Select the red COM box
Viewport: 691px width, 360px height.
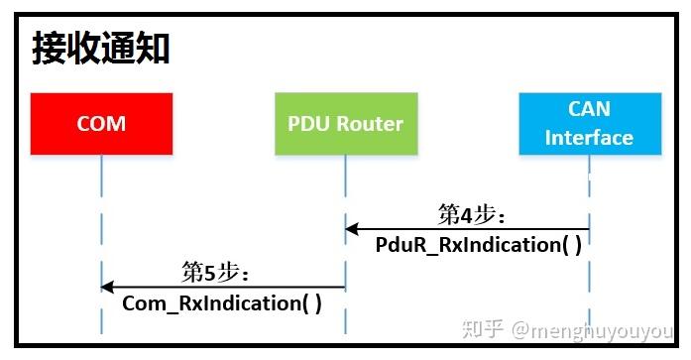pos(101,124)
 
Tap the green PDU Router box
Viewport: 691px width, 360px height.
pos(345,124)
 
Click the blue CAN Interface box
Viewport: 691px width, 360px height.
pos(589,124)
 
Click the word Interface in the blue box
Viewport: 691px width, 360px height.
pos(589,138)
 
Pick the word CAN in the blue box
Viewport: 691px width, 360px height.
pos(589,110)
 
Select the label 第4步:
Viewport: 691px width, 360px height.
pos(472,214)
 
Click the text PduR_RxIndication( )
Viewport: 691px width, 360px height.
pos(479,244)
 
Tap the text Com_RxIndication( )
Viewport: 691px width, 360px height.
pos(222,303)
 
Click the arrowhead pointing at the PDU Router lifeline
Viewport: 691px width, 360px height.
pos(352,229)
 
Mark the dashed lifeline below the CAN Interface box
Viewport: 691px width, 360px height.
pos(590,278)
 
